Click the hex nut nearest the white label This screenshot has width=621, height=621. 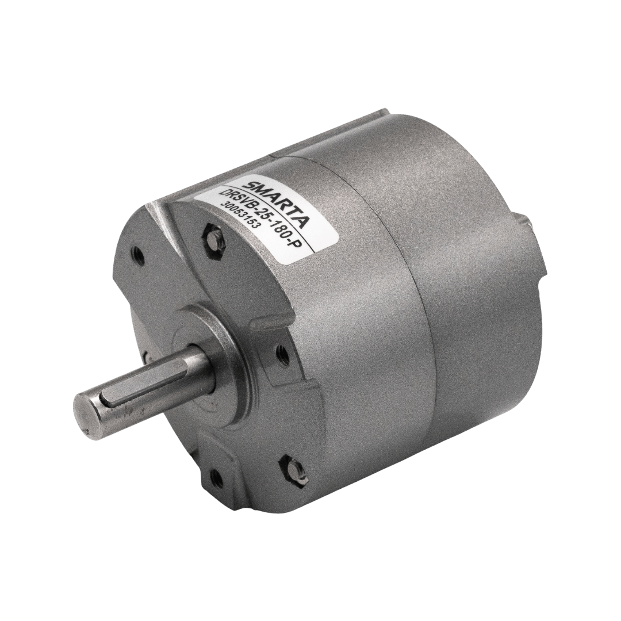pyautogui.click(x=213, y=239)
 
